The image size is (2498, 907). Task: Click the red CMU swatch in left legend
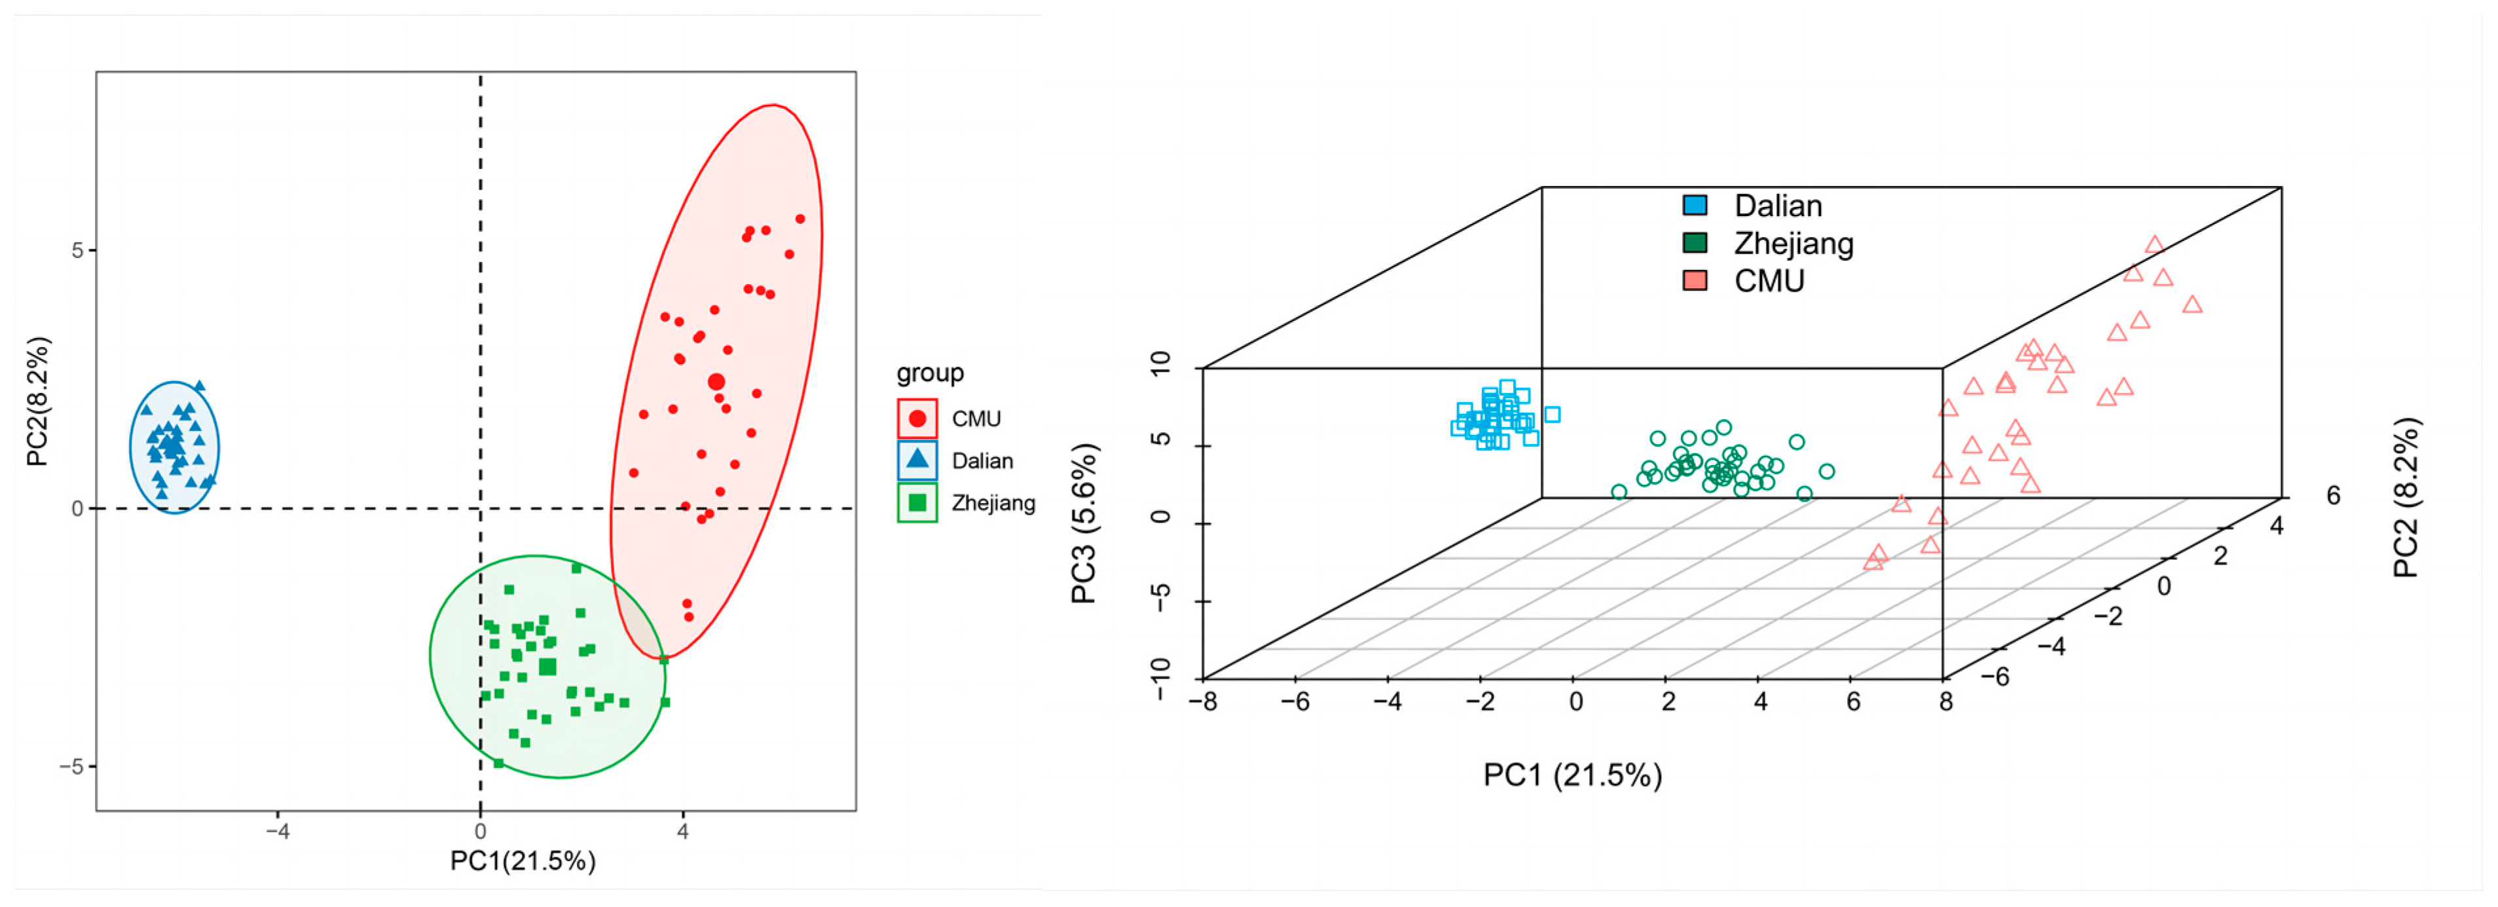click(917, 419)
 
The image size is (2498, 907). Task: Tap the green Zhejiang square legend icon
click(917, 502)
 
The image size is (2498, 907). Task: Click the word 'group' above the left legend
click(929, 373)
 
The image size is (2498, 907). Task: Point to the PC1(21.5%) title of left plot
click(523, 861)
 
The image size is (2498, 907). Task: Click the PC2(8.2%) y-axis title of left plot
click(37, 401)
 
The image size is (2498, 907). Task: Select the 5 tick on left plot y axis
click(77, 250)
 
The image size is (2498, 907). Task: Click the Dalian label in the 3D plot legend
click(1778, 206)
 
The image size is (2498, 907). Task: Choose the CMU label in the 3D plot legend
click(1769, 282)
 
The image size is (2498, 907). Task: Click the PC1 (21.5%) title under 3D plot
click(1572, 775)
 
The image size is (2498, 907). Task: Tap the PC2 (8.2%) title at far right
click(2406, 498)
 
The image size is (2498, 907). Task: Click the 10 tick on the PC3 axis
click(1160, 363)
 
